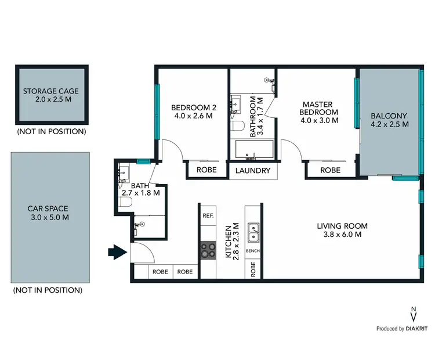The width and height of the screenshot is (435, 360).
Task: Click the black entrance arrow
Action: click(118, 253)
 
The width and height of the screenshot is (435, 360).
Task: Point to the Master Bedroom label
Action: click(318, 112)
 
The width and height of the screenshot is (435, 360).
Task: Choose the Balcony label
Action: click(389, 119)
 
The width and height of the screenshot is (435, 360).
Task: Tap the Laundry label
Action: click(253, 171)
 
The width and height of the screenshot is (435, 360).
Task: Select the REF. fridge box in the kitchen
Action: click(208, 215)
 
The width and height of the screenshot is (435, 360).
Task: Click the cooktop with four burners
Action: click(208, 250)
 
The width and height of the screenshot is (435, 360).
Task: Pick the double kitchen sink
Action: click(253, 233)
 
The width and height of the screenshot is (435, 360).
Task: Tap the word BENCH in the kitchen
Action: click(253, 251)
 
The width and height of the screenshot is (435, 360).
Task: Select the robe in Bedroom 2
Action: click(206, 171)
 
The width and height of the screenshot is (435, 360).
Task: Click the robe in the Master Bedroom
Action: click(330, 171)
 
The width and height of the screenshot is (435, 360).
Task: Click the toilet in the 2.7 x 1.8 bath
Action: click(125, 202)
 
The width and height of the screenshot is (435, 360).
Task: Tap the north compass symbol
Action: click(413, 315)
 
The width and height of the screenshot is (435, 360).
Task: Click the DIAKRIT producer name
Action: click(417, 329)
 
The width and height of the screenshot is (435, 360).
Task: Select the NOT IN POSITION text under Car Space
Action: click(48, 290)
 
